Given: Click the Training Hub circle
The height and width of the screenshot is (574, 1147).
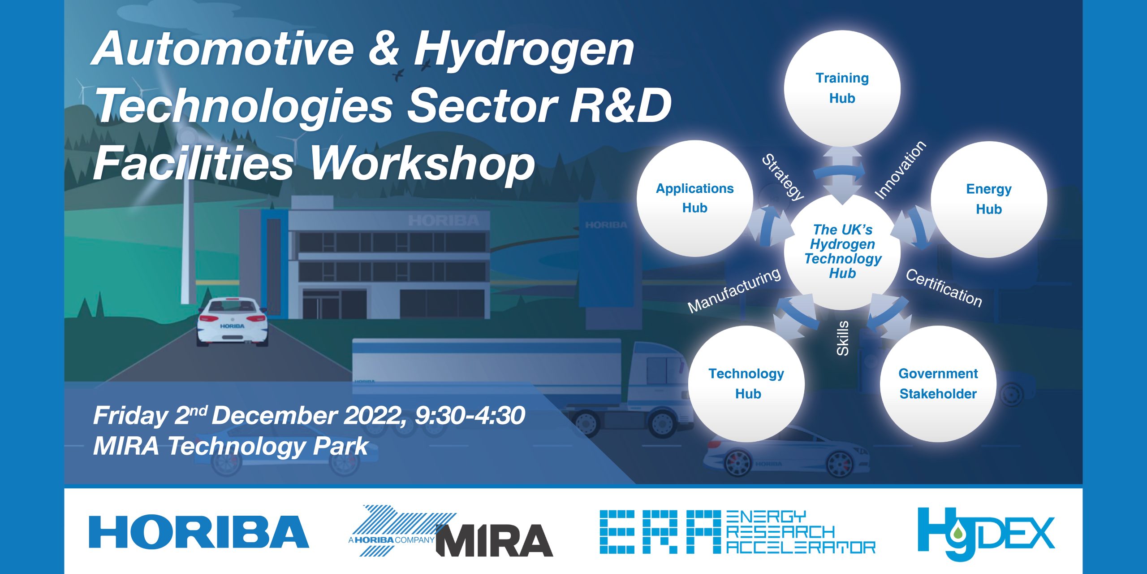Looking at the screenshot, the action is click(842, 88).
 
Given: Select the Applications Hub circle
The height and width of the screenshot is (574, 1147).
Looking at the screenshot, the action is click(695, 198).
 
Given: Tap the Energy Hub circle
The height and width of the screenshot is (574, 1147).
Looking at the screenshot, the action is click(989, 199).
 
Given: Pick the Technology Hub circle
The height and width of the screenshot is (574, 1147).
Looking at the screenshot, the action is click(746, 384).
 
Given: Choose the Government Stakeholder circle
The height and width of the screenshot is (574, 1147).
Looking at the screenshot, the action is click(938, 384).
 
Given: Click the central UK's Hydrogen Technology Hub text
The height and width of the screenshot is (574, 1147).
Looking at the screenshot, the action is click(843, 251).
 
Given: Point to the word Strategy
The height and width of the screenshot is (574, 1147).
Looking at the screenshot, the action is click(783, 177).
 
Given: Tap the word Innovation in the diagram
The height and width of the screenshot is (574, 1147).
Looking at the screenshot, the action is click(900, 170).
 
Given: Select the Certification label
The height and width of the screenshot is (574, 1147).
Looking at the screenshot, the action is click(944, 288).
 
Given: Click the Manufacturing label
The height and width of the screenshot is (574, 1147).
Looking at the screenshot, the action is click(734, 290).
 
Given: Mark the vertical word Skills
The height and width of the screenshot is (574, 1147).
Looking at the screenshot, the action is click(843, 338).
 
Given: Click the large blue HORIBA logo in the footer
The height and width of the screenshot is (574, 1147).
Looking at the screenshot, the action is click(198, 532).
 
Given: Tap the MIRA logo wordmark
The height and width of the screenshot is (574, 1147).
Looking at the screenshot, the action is click(495, 540).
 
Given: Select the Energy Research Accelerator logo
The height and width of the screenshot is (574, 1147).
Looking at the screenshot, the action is click(737, 532).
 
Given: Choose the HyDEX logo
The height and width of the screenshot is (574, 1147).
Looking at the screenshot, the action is click(986, 534).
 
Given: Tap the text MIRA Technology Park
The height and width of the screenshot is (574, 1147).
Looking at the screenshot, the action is click(231, 446).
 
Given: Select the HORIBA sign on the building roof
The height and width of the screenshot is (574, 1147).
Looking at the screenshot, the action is click(444, 221).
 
